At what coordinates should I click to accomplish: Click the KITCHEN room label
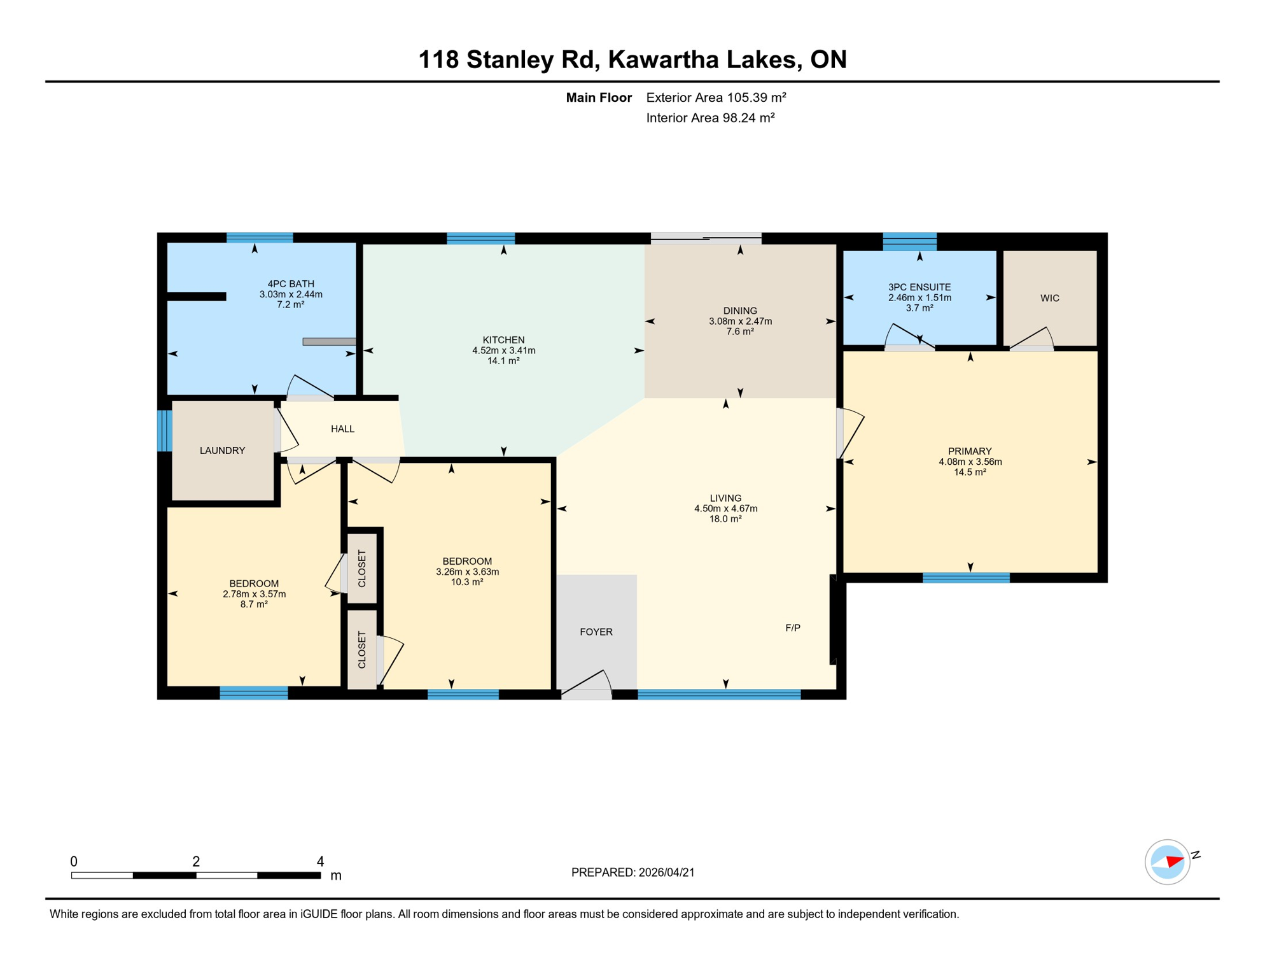coord(503,340)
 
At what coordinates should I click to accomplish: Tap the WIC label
coord(1049,298)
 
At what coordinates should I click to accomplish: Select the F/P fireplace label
coord(792,628)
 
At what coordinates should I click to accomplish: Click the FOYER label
coord(596,632)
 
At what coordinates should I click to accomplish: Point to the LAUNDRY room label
coord(222,450)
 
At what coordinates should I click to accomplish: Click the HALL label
coord(342,429)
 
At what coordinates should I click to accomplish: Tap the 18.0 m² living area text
coord(725,519)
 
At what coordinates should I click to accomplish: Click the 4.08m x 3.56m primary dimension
coord(970,462)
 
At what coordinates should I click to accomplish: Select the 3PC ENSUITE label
coord(919,287)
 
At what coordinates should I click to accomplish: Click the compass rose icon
coord(1167,862)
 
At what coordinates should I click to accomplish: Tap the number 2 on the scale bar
coord(196,861)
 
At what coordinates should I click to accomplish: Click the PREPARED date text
coord(632,872)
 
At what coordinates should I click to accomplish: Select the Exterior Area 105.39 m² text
coord(716,97)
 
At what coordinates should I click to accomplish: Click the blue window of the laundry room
coord(164,430)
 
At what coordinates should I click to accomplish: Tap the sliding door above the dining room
coord(706,239)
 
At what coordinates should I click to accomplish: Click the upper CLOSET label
coord(362,568)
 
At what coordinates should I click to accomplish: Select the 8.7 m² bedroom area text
coord(253,604)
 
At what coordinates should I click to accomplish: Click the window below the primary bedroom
coord(965,578)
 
